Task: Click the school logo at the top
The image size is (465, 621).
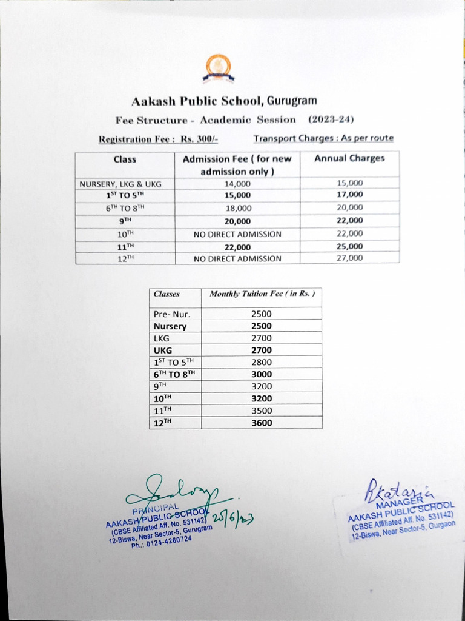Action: tap(218, 67)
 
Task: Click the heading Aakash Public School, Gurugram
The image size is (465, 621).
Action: tap(224, 100)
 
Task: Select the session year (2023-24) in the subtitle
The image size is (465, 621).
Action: tap(331, 119)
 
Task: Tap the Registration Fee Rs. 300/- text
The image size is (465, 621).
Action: tap(158, 139)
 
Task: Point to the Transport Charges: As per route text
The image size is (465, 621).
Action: tap(323, 138)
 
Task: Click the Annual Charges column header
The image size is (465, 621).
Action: tap(349, 158)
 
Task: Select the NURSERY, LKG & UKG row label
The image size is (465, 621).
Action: tap(120, 183)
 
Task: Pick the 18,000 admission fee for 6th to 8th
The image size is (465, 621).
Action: tap(237, 207)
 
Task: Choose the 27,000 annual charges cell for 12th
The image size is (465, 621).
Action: tap(349, 258)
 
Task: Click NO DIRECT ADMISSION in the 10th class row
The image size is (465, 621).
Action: tap(237, 233)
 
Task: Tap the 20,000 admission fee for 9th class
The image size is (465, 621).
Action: tap(237, 221)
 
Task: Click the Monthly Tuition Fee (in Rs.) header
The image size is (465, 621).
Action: tap(262, 294)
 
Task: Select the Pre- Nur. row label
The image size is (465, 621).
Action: tap(172, 314)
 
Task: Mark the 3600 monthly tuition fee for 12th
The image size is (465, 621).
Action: tap(262, 423)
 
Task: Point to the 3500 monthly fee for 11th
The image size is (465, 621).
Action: tap(262, 411)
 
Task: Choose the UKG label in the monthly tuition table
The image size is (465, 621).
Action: tap(163, 351)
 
